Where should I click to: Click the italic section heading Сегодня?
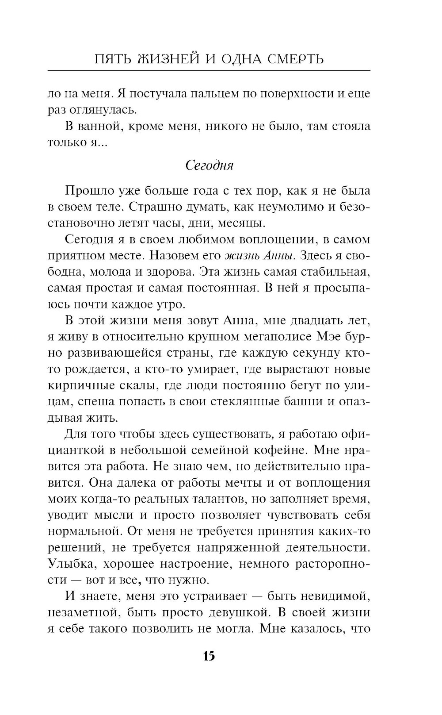click(x=209, y=165)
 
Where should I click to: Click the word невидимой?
click(x=335, y=596)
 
